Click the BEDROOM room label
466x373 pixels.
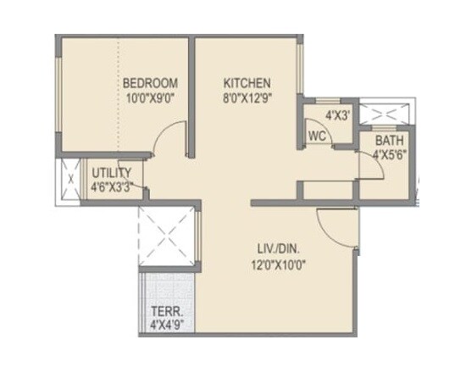pos(150,83)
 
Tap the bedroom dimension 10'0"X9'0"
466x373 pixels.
pos(150,97)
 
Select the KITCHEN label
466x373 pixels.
pos(247,83)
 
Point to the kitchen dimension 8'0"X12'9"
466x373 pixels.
pos(247,97)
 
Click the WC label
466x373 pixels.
pos(318,136)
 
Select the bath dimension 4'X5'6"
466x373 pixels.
pos(389,154)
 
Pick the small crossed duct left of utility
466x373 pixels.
pos(67,180)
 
